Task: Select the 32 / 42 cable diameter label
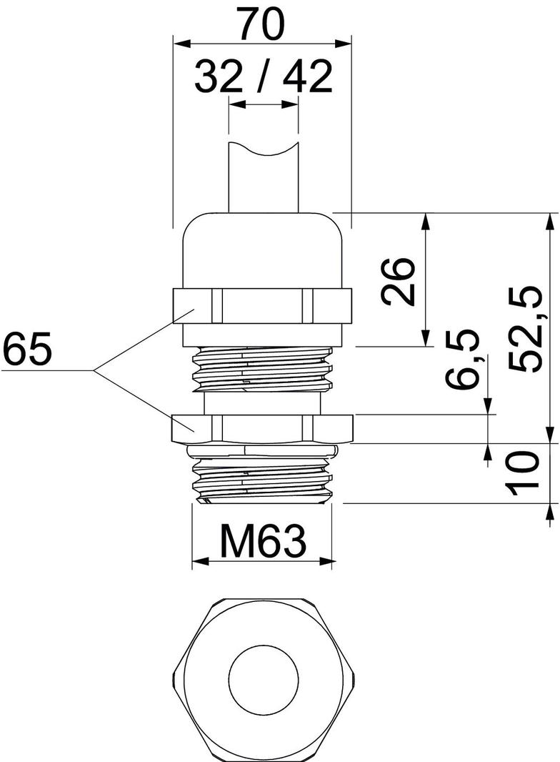click(x=264, y=77)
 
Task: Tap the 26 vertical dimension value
click(x=398, y=281)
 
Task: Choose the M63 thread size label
click(x=263, y=542)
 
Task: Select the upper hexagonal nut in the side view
click(x=262, y=306)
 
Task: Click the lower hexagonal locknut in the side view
click(x=262, y=427)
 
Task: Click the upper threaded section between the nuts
click(x=262, y=368)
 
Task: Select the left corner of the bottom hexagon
click(x=173, y=676)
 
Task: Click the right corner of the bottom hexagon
click(x=353, y=676)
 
